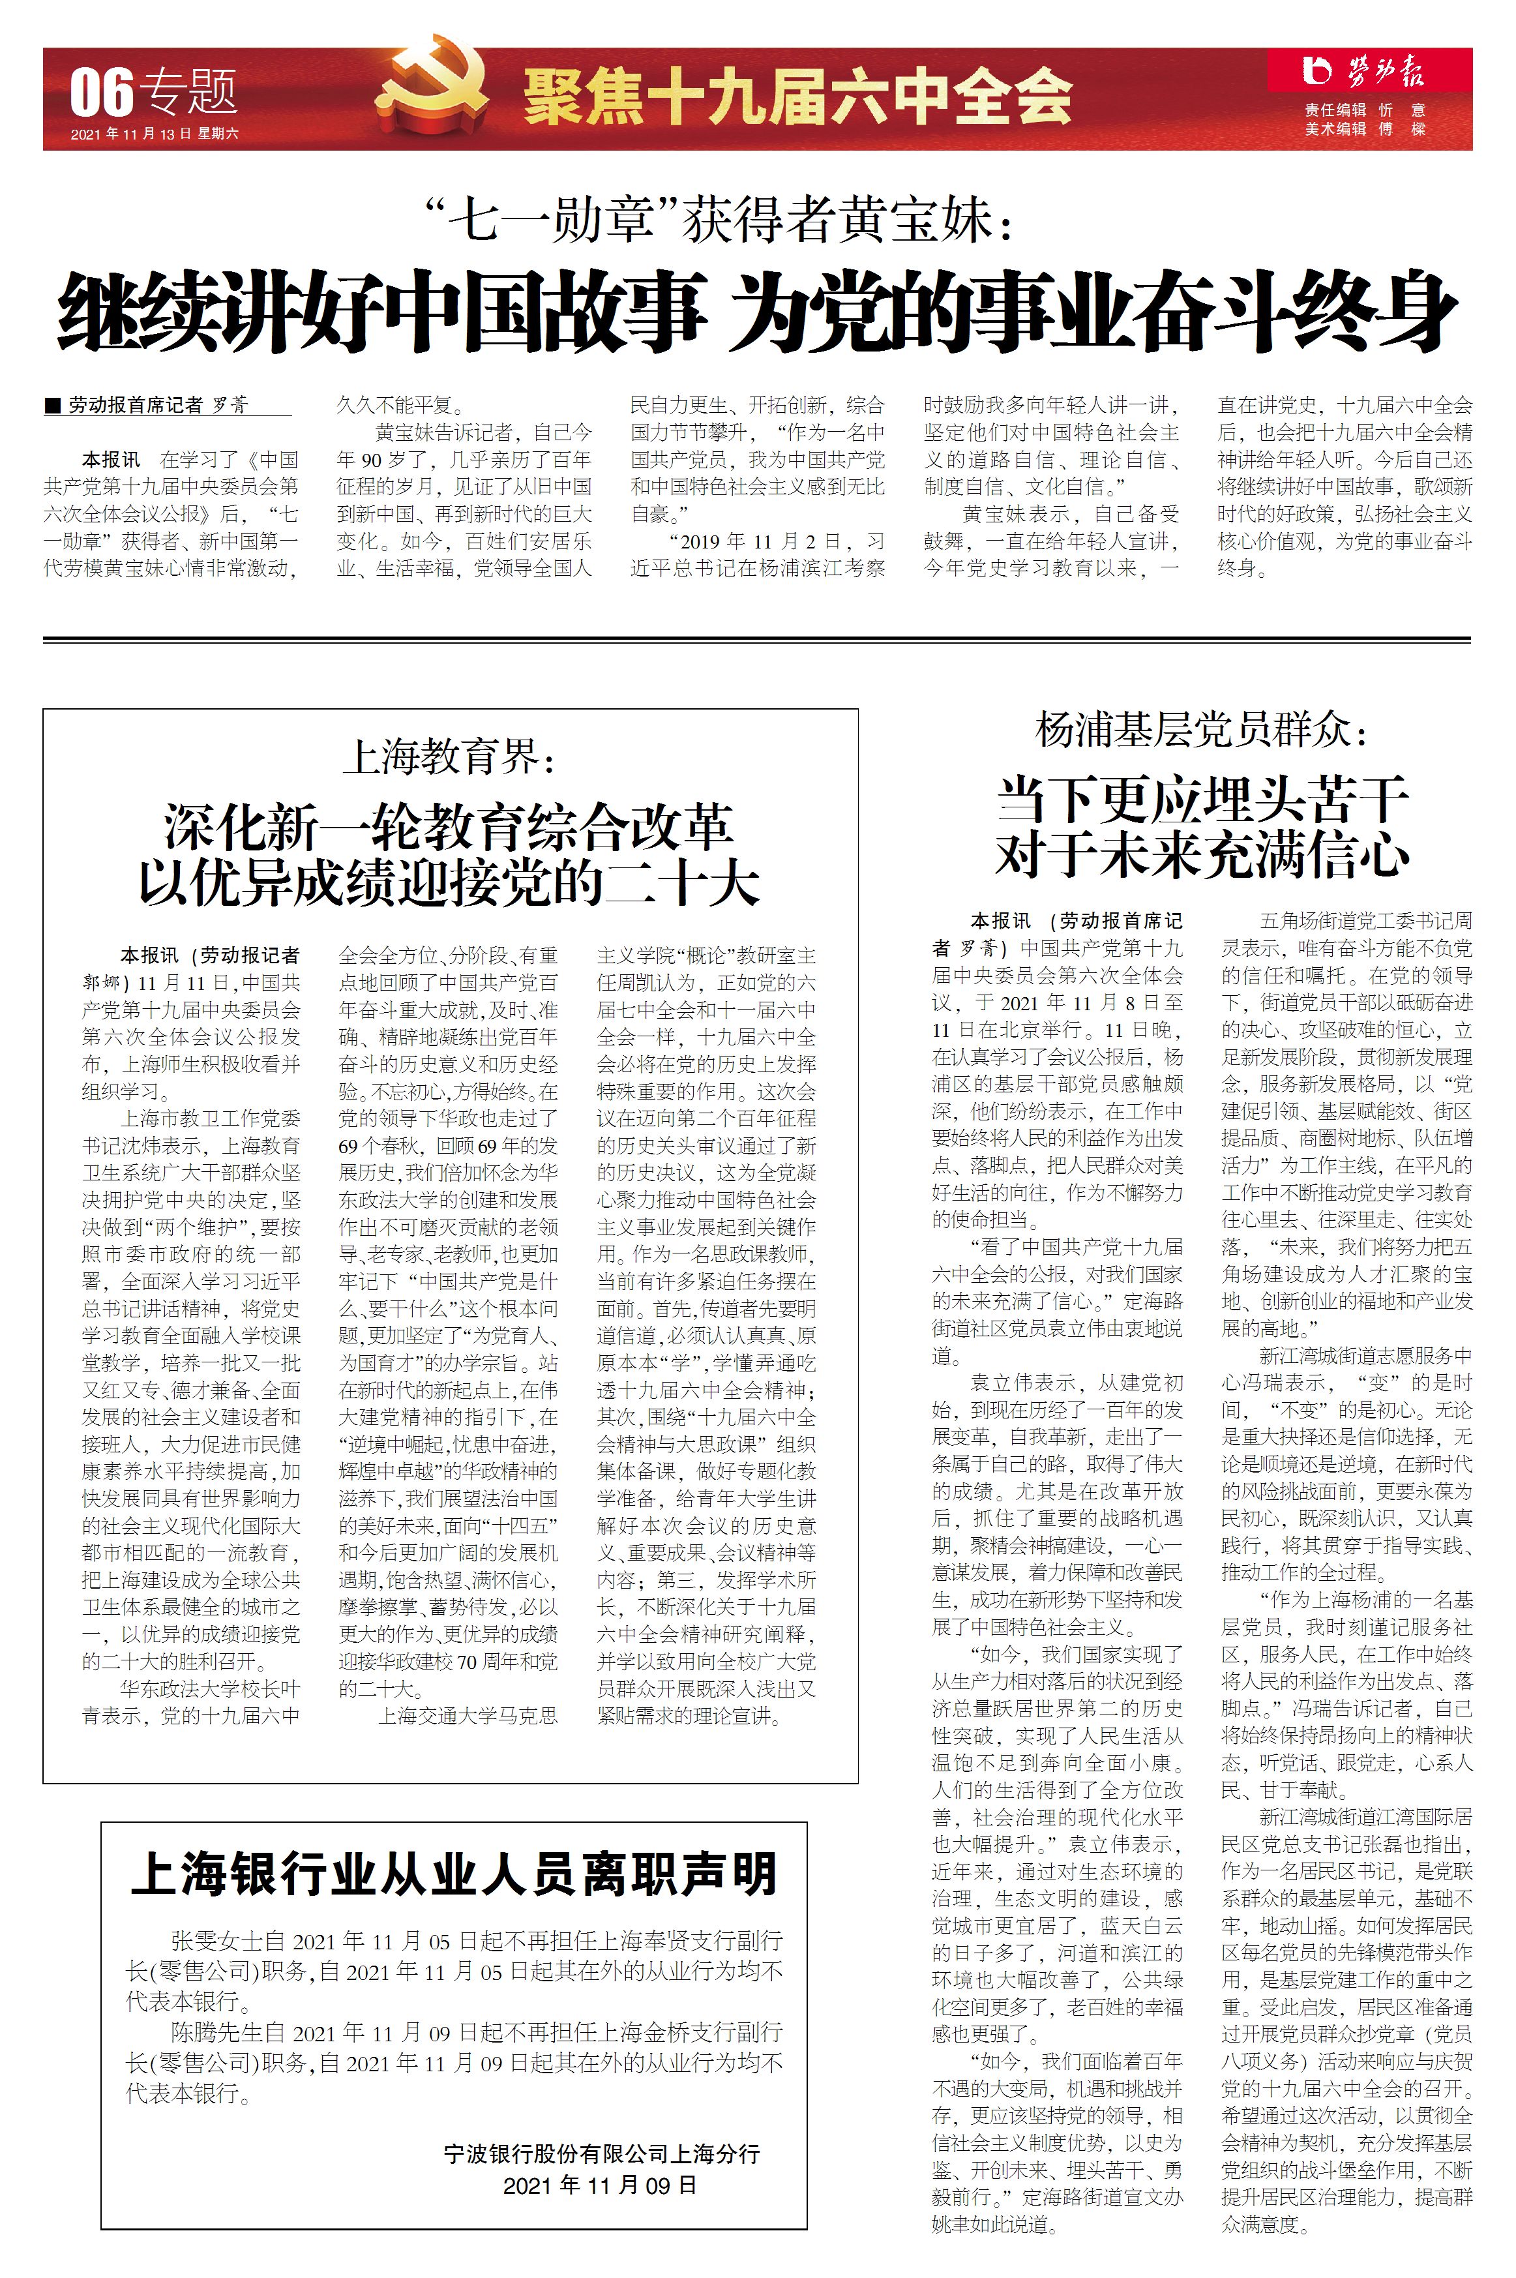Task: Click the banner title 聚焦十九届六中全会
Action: click(x=797, y=97)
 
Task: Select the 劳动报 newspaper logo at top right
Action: click(x=1364, y=72)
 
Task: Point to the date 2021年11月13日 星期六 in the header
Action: click(x=155, y=134)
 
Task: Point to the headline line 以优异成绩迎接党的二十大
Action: click(x=449, y=883)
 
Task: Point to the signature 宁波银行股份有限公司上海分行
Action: click(x=601, y=2153)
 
